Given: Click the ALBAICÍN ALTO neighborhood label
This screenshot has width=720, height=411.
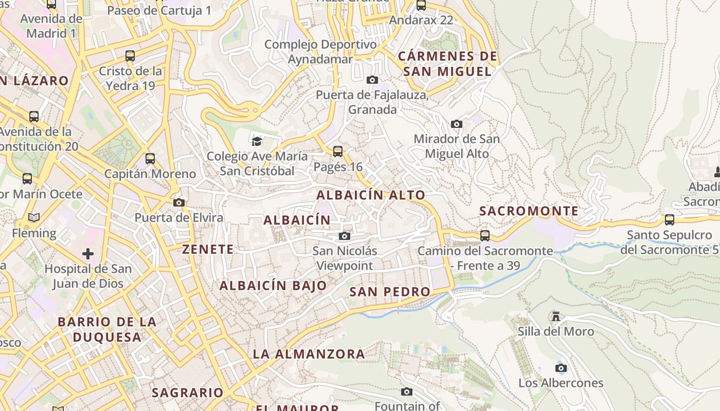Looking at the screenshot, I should pyautogui.click(x=371, y=195).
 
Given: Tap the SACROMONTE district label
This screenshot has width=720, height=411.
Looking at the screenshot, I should pyautogui.click(x=529, y=211).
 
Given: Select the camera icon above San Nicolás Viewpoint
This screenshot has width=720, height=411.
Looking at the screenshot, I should pyautogui.click(x=345, y=236).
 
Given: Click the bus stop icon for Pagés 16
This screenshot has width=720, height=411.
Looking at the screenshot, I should pyautogui.click(x=338, y=152).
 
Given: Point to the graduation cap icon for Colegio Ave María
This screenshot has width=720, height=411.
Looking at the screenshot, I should pyautogui.click(x=257, y=141).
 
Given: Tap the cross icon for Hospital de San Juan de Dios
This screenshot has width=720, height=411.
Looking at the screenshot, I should pyautogui.click(x=88, y=254).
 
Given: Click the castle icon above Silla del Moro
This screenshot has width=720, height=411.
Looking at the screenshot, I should pyautogui.click(x=555, y=316).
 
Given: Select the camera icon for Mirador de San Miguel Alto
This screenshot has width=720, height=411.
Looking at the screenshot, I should pyautogui.click(x=456, y=124).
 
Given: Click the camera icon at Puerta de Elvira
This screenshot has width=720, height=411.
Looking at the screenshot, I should pyautogui.click(x=179, y=203).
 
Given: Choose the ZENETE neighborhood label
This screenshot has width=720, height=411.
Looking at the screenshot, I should pyautogui.click(x=208, y=250).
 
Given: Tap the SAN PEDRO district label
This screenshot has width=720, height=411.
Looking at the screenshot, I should pyautogui.click(x=390, y=292).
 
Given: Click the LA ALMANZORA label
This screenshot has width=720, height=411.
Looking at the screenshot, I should pyautogui.click(x=309, y=354).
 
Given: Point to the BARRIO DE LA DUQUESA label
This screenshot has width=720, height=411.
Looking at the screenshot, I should pyautogui.click(x=107, y=329).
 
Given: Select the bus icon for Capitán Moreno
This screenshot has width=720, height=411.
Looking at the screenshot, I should pyautogui.click(x=150, y=159).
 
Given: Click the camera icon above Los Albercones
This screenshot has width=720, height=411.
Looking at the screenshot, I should pyautogui.click(x=561, y=368).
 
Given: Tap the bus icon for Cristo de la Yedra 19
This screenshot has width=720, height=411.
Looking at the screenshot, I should pyautogui.click(x=130, y=56).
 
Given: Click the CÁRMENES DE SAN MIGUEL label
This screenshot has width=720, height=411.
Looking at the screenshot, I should pyautogui.click(x=447, y=64).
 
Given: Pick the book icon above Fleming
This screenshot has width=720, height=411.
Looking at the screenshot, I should pyautogui.click(x=34, y=218).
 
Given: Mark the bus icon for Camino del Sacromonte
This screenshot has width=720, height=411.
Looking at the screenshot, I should pyautogui.click(x=485, y=236).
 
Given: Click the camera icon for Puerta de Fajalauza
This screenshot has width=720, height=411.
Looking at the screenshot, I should pyautogui.click(x=372, y=80).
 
